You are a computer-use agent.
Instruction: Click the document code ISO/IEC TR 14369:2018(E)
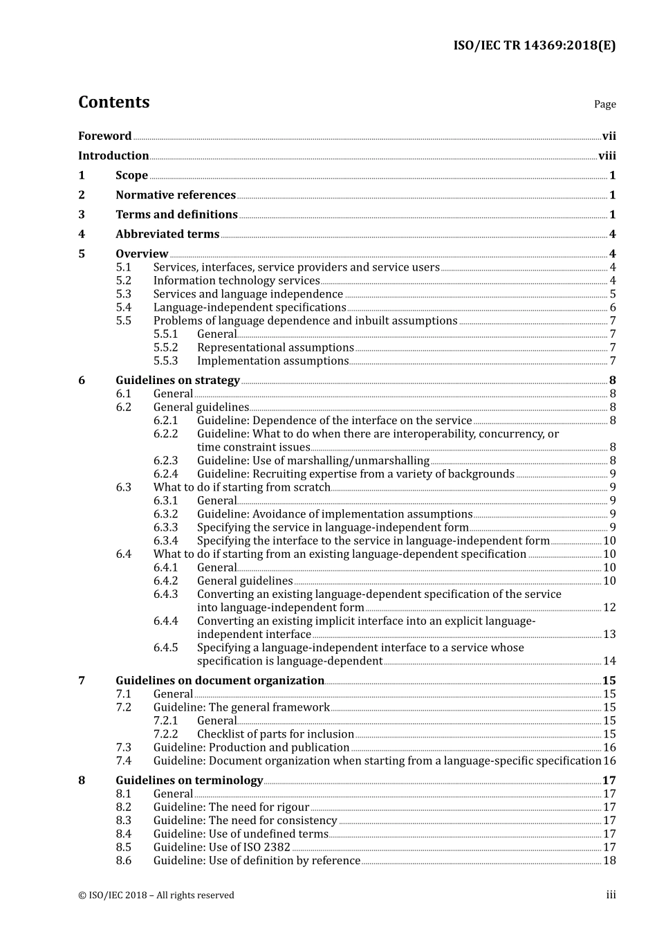click(x=534, y=46)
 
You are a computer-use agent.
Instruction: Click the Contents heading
click(x=113, y=102)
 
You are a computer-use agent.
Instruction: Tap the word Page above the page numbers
click(x=604, y=104)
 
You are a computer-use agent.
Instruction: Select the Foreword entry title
click(x=104, y=136)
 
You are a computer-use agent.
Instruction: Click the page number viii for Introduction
click(x=607, y=156)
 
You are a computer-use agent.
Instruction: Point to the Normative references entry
click(x=176, y=195)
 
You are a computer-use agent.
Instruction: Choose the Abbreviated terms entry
click(x=167, y=234)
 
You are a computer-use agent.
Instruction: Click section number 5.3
click(x=123, y=294)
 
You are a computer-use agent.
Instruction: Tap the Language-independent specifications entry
click(x=250, y=307)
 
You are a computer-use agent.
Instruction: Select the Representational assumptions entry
click(x=275, y=347)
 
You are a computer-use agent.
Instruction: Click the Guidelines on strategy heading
click(x=178, y=380)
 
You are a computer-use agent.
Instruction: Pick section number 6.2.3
click(x=165, y=461)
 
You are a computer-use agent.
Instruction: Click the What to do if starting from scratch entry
click(x=242, y=487)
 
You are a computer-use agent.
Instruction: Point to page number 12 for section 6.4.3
click(x=609, y=608)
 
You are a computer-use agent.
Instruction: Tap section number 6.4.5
click(x=165, y=648)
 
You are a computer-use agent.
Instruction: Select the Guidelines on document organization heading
click(x=220, y=681)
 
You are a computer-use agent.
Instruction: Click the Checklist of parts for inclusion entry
click(x=275, y=734)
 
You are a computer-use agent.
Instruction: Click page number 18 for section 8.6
click(x=609, y=861)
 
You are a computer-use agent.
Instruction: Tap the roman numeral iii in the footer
click(x=611, y=895)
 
